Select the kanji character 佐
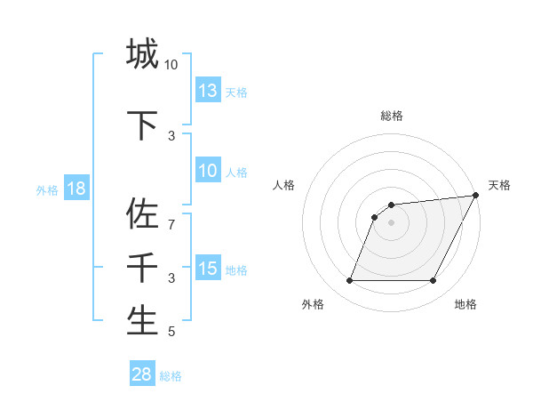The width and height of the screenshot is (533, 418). tap(142, 214)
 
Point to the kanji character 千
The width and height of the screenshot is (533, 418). tap(142, 268)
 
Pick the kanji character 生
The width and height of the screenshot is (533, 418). tap(142, 320)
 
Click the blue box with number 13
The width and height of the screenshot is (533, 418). tap(207, 90)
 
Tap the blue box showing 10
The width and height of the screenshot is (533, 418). tap(207, 171)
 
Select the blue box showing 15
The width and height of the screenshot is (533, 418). tap(207, 269)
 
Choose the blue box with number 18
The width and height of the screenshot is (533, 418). tap(76, 189)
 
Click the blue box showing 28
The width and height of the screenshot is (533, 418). tap(142, 374)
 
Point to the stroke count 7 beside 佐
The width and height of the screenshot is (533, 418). tap(172, 224)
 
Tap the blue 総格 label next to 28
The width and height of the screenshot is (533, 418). tap(171, 375)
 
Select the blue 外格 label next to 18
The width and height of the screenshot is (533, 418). tap(47, 189)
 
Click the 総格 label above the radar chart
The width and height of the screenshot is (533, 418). tap(391, 116)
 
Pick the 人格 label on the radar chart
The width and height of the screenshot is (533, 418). tap(284, 185)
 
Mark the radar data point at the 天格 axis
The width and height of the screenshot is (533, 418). tap(475, 196)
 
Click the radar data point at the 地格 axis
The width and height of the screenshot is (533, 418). tap(433, 281)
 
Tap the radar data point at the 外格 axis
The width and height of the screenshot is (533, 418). tap(349, 281)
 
